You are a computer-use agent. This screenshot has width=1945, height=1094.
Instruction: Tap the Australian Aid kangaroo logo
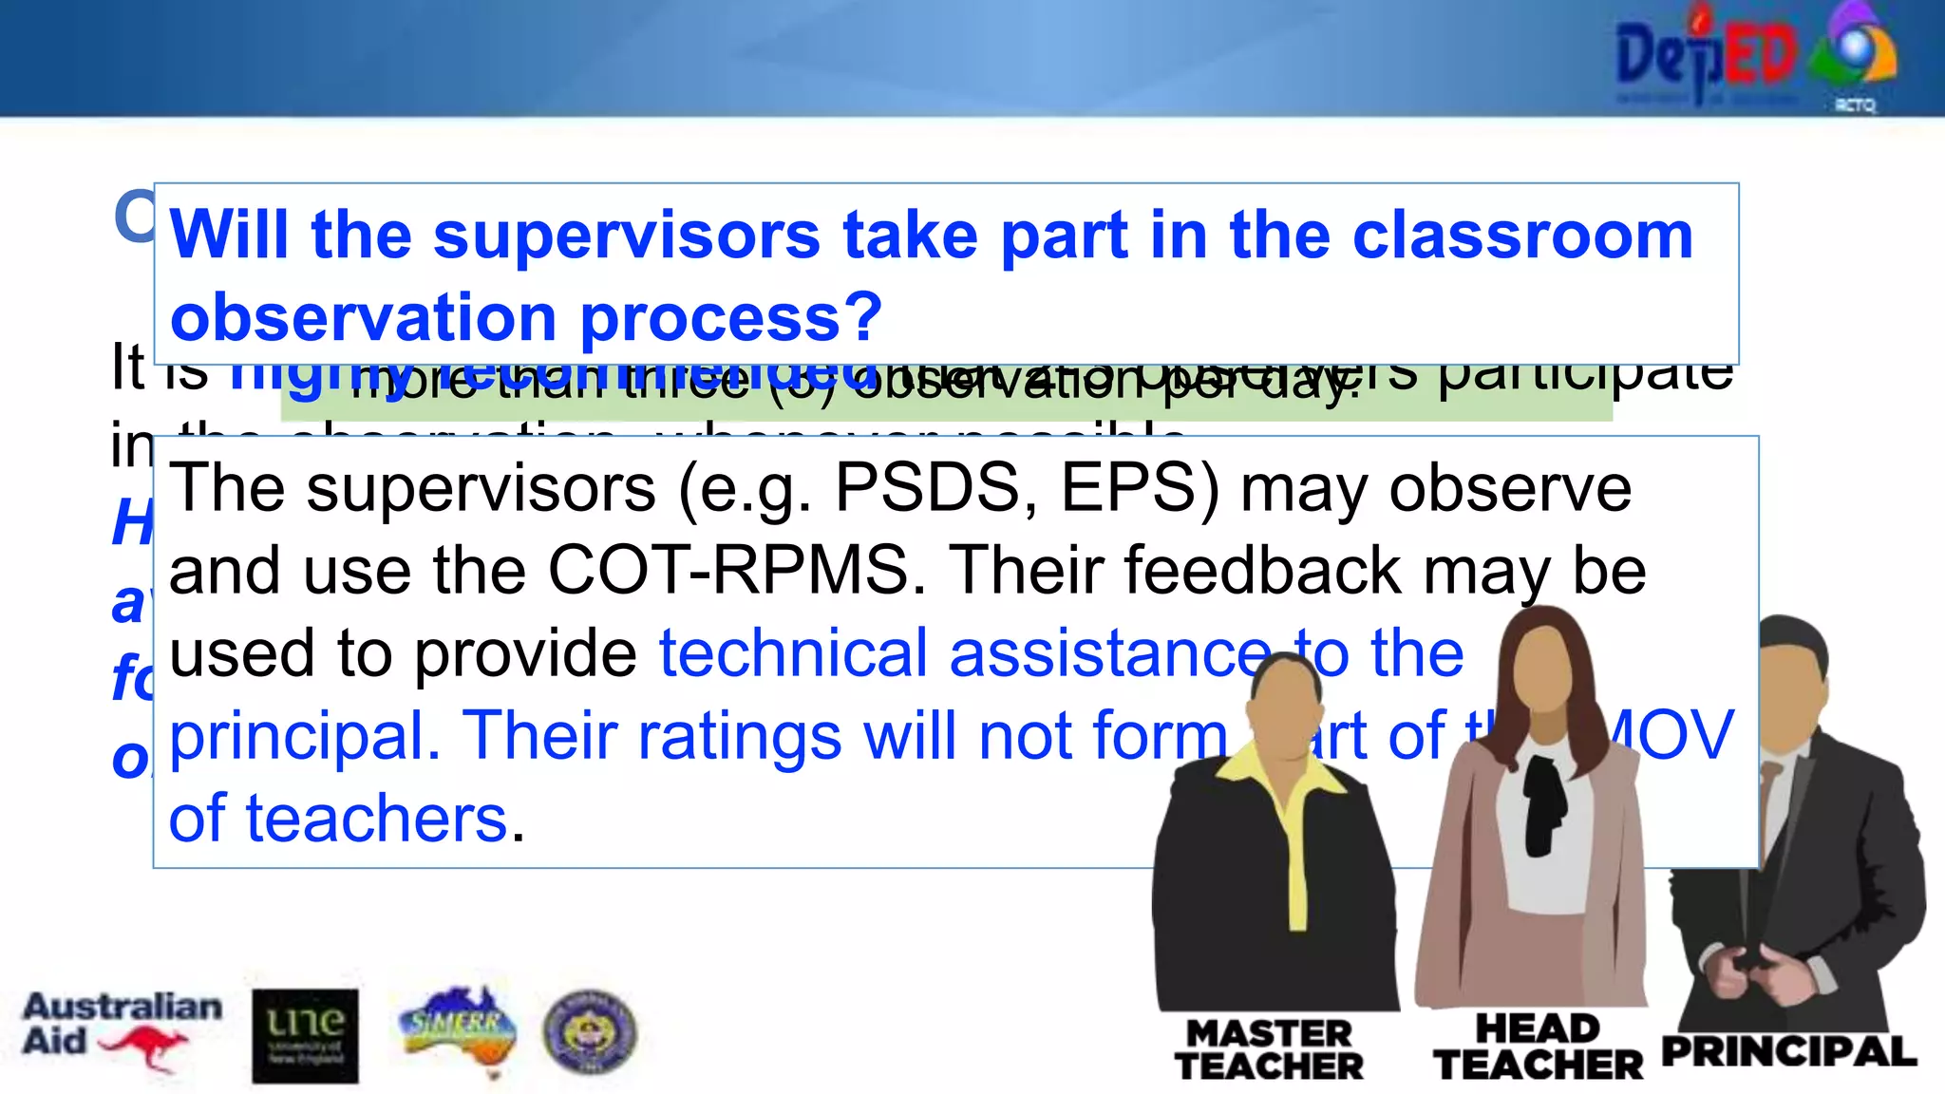click(x=121, y=1030)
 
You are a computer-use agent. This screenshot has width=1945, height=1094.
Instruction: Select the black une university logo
click(x=305, y=1036)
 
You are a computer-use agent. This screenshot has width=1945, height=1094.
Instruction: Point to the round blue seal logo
click(x=589, y=1032)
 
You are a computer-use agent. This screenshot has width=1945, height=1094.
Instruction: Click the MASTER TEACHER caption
click(x=1269, y=1049)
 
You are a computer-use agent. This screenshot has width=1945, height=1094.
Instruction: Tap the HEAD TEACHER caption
click(x=1538, y=1047)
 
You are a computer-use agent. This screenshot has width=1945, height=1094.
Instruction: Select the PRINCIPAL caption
click(x=1788, y=1052)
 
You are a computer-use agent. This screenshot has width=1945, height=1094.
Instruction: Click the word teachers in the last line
click(x=377, y=819)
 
